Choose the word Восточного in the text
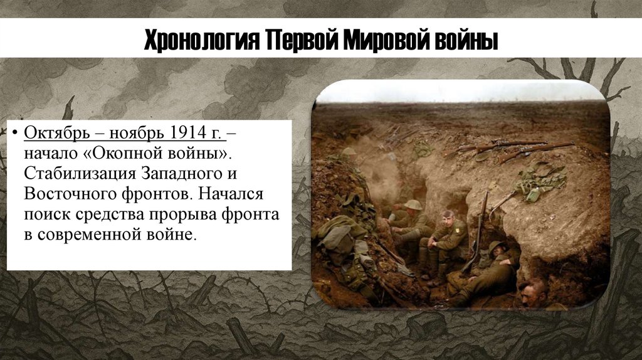pos(68,194)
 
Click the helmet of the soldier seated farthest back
pos(413,204)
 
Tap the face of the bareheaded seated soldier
pos(447,220)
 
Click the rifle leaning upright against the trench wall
pos(481,226)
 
